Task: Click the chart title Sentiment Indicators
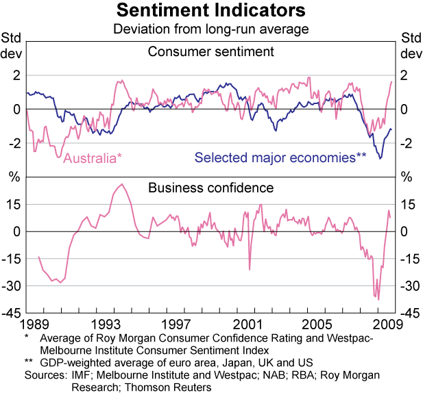[x=210, y=11]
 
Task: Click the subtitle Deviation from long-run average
[x=210, y=29]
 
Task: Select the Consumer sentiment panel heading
[x=210, y=51]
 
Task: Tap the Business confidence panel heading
[x=210, y=187]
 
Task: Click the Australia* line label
[x=93, y=158]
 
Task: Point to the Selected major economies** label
[x=280, y=158]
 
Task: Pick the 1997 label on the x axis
[x=178, y=323]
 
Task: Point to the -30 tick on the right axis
[x=409, y=286]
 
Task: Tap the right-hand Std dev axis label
[x=411, y=45]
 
